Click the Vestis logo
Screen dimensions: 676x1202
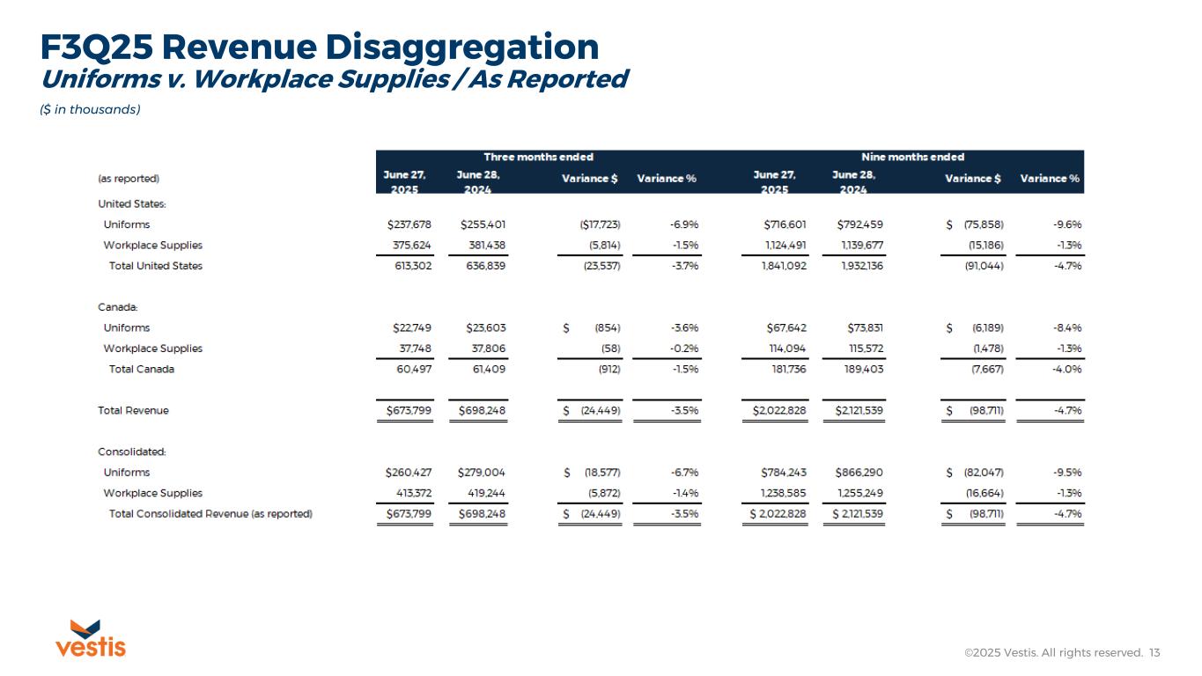tap(91, 639)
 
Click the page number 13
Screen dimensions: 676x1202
tap(1154, 652)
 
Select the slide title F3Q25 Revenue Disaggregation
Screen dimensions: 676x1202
tap(321, 46)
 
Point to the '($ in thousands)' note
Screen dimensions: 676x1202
tap(92, 109)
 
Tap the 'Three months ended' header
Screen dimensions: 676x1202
tap(539, 157)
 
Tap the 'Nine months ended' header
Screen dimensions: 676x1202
tap(912, 157)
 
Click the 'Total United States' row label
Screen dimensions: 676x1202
tap(155, 266)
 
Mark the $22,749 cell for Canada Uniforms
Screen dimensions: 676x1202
tap(412, 327)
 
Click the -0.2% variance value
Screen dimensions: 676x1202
tap(683, 349)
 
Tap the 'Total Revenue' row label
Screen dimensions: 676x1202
tap(133, 410)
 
